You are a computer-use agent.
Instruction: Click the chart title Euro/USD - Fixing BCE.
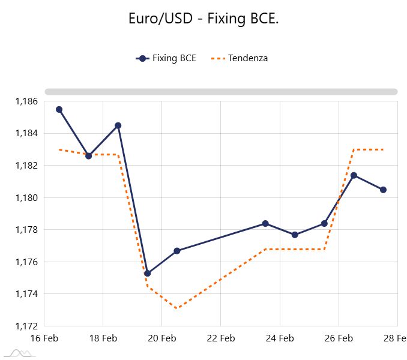(203, 19)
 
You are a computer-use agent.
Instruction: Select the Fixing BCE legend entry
(166, 58)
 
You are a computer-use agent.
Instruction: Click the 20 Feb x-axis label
(161, 338)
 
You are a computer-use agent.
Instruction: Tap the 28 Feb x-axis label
(394, 338)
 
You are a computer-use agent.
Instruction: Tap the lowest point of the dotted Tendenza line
(176, 308)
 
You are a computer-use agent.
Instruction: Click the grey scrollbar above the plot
(221, 92)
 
